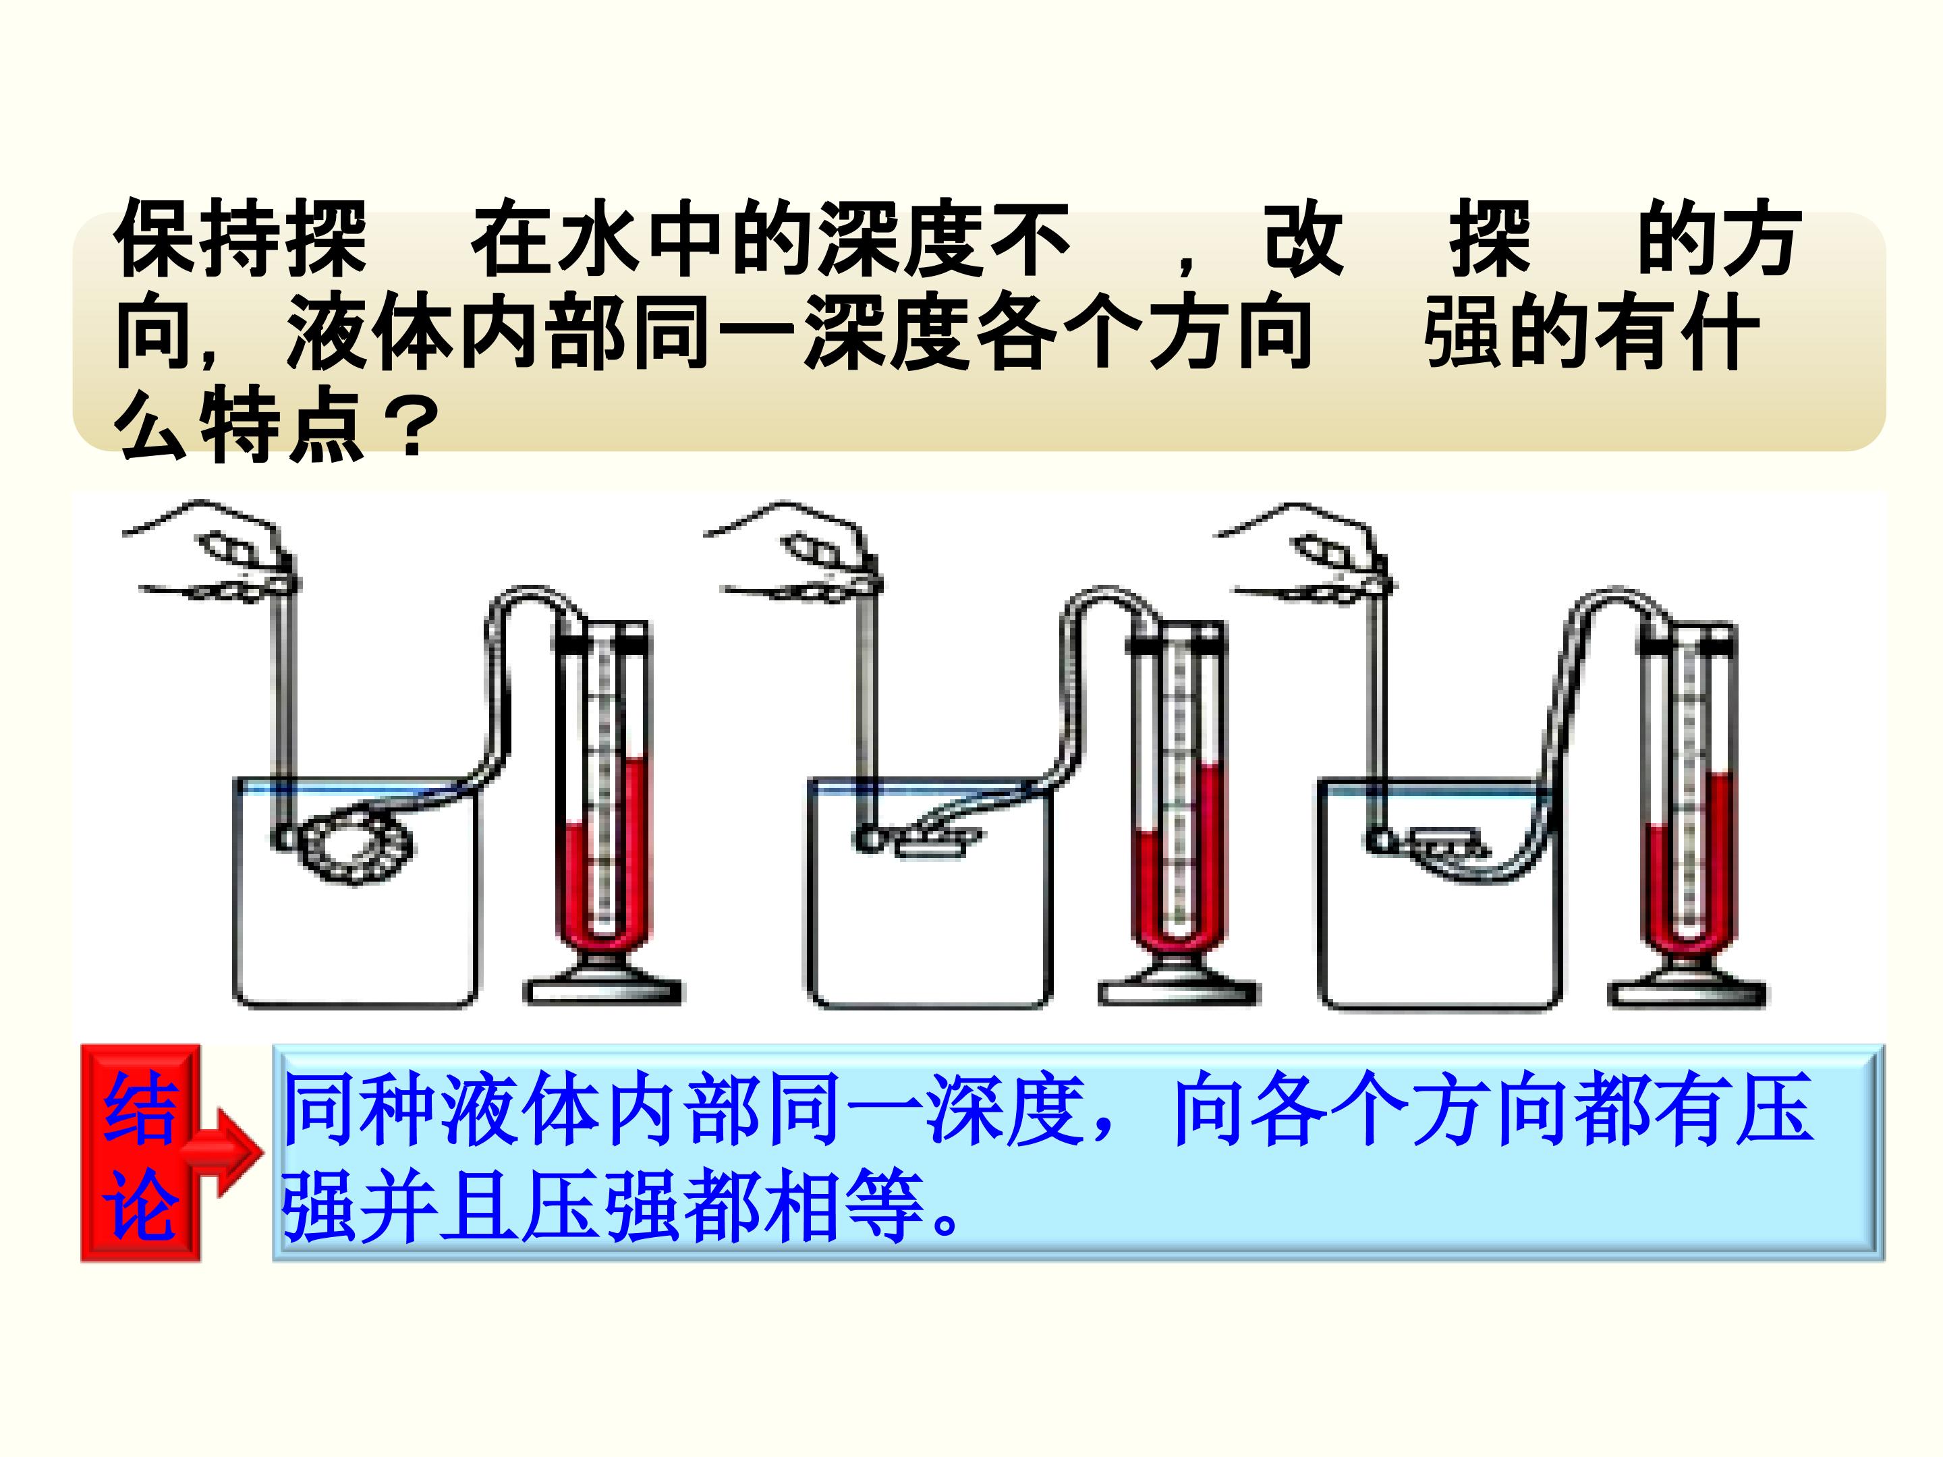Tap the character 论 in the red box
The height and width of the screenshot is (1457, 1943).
140,1204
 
